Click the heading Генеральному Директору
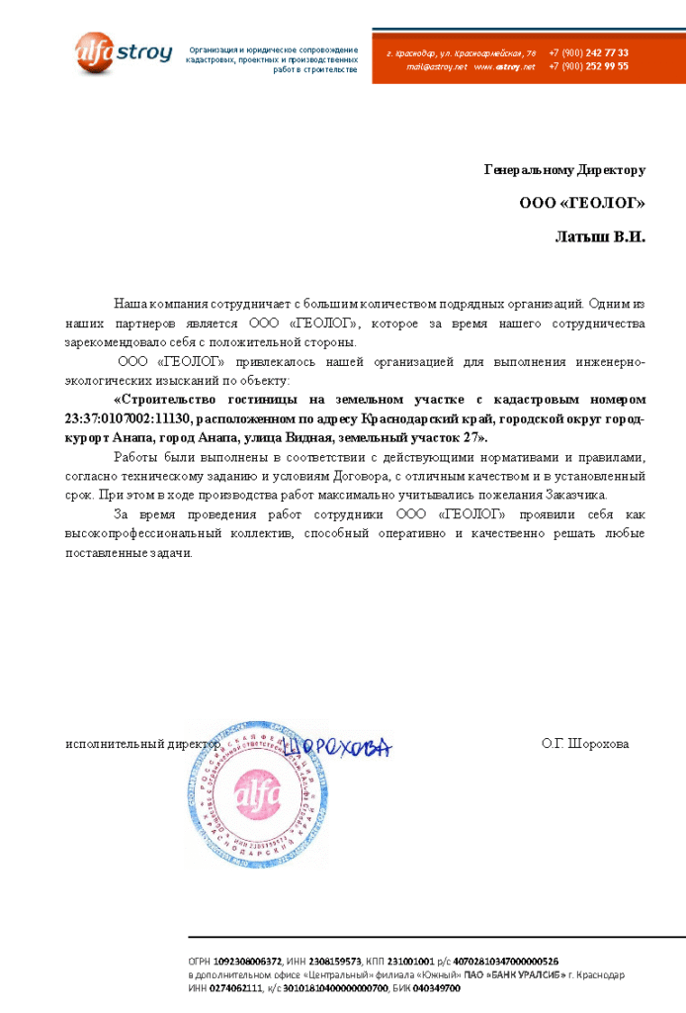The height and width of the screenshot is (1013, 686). [564, 170]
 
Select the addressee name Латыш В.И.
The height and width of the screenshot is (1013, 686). [599, 237]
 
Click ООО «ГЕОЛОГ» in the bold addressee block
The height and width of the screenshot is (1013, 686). [581, 204]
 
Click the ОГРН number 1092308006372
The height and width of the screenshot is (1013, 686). [248, 961]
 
